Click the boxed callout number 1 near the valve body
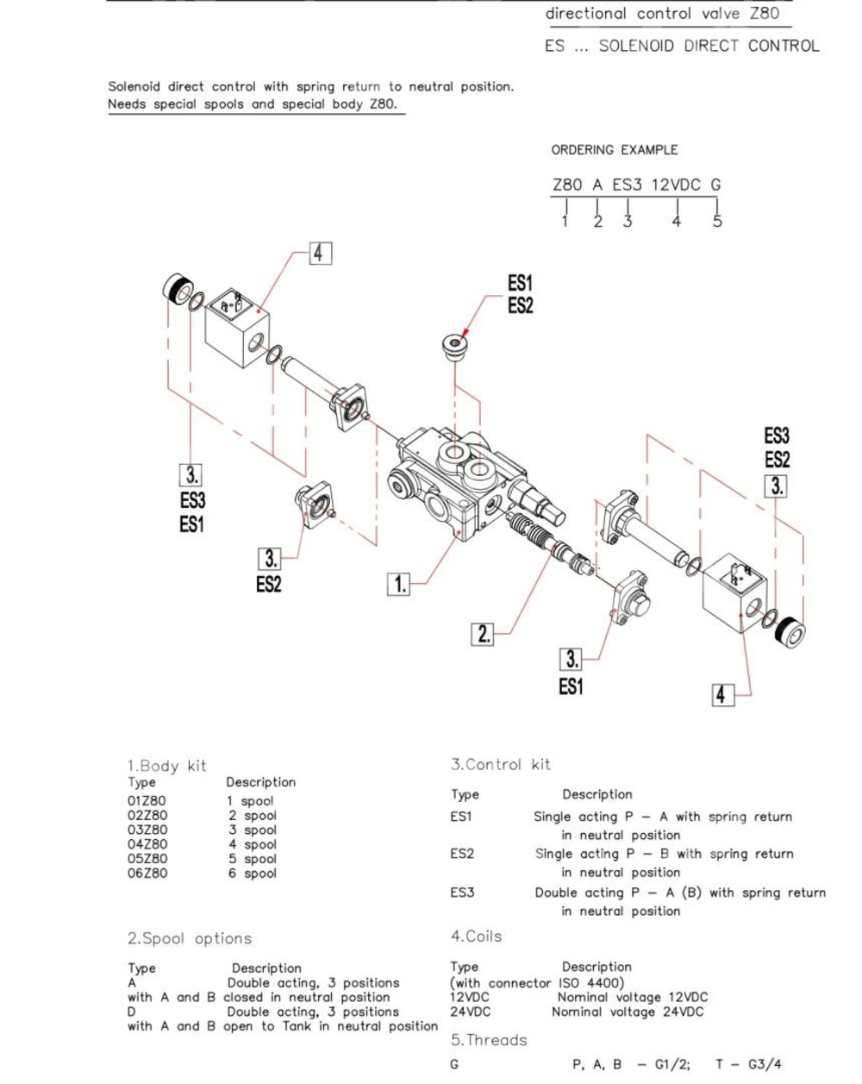click(399, 584)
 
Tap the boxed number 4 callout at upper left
click(319, 253)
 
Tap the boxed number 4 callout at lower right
click(722, 694)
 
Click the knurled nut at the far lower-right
click(790, 634)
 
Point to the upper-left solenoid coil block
click(236, 329)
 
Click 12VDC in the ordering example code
click(676, 185)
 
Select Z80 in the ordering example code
click(567, 185)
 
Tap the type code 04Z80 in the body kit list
click(147, 844)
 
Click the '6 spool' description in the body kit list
click(252, 874)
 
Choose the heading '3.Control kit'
click(500, 764)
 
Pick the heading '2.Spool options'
click(190, 938)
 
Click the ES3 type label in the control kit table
click(462, 893)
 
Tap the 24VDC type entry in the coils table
click(470, 1012)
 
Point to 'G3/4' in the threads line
click(764, 1064)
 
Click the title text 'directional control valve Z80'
click(662, 14)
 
